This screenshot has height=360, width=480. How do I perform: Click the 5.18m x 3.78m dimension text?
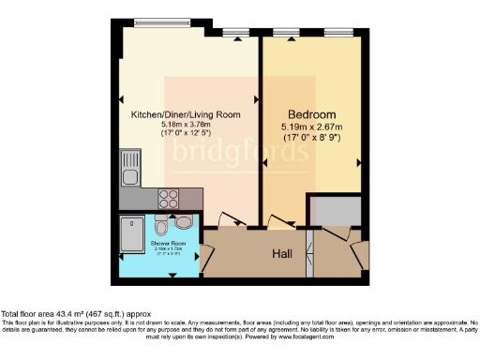point(184,125)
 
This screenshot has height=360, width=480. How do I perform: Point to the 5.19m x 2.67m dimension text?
point(310,126)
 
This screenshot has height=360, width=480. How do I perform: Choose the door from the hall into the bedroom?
point(279,221)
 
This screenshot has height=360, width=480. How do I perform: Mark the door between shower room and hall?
point(202,250)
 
